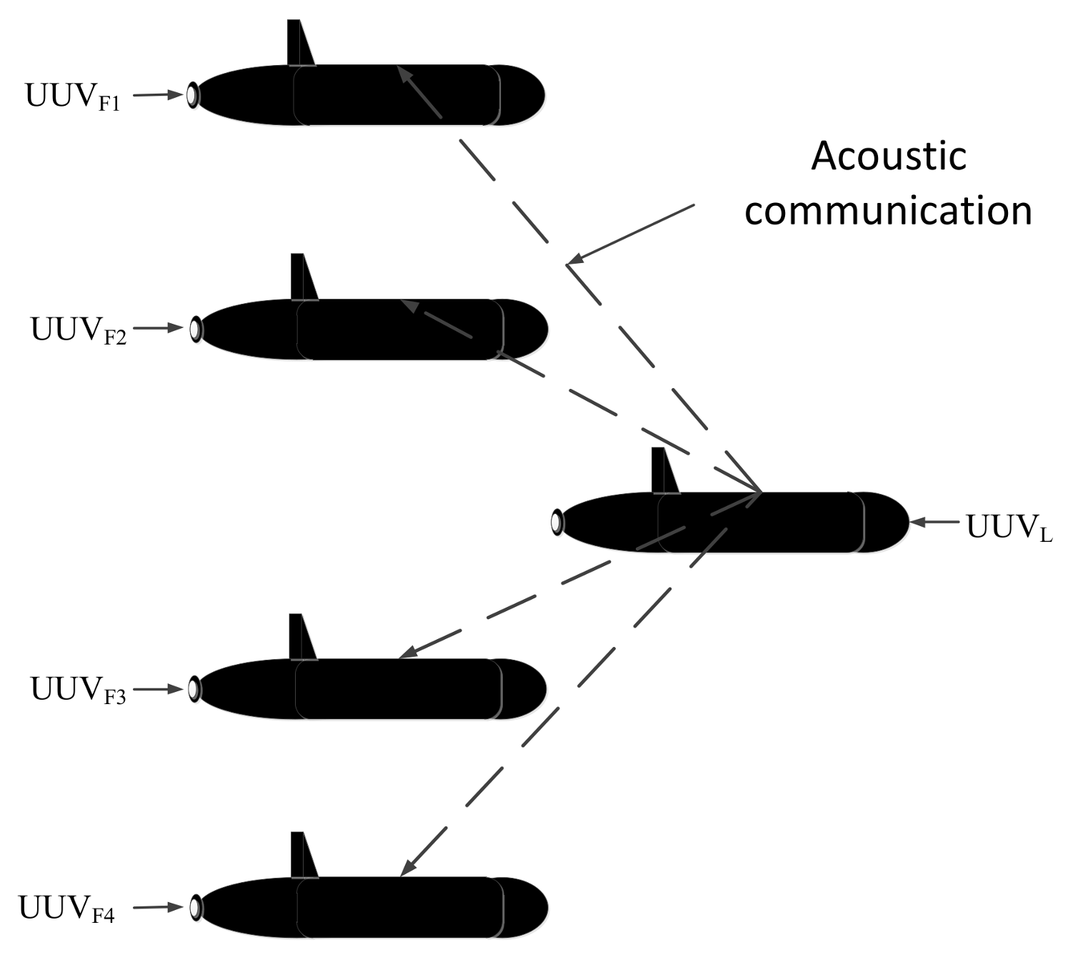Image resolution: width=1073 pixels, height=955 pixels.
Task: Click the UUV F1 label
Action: pos(73,97)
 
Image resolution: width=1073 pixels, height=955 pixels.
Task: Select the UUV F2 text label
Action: pos(78,330)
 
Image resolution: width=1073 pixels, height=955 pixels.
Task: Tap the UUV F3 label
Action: pos(78,690)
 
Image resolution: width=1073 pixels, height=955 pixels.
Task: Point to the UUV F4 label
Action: pos(66,909)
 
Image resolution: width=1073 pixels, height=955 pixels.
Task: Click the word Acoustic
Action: pos(889,156)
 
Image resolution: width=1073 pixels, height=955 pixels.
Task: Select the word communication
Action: pos(888,211)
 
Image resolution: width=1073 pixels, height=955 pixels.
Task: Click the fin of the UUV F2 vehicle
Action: pos(302,278)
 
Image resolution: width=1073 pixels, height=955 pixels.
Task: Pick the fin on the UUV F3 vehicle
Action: pos(301,638)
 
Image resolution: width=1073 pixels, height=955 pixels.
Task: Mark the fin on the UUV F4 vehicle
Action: pos(302,856)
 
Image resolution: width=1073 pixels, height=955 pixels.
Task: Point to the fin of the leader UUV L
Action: pos(664,472)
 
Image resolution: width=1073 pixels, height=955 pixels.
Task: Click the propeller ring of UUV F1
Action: pos(192,95)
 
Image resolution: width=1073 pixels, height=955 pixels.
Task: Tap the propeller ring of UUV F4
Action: pos(194,907)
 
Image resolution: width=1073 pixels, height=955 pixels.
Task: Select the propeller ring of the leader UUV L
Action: pos(557,523)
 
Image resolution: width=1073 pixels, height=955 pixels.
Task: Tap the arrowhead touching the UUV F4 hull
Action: pos(406,869)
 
